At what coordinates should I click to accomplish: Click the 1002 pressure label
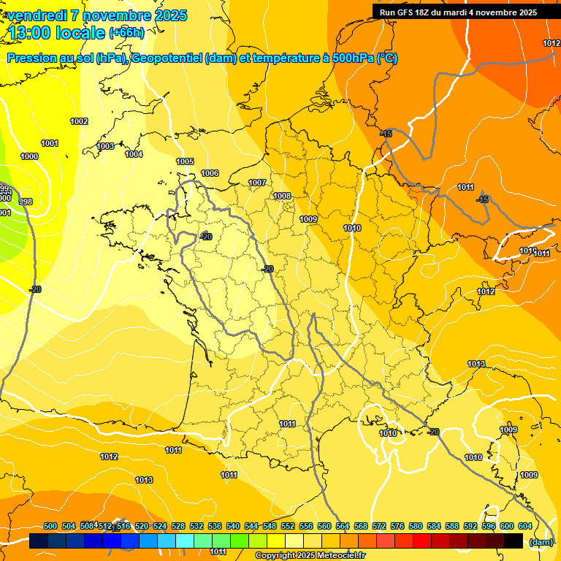[x=79, y=121]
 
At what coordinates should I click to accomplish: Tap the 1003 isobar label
[x=105, y=146]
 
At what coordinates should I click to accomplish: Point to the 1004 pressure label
[x=134, y=154]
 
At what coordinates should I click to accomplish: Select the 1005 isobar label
[x=185, y=161]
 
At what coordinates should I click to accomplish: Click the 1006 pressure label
[x=210, y=173]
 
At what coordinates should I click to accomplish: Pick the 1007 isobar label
[x=257, y=183]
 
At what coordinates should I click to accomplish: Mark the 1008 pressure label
[x=282, y=196]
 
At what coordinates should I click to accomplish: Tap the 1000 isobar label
[x=29, y=156]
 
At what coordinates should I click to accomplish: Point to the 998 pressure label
[x=25, y=202]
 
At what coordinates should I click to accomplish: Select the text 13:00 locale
[x=58, y=32]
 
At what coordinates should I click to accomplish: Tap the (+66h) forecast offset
[x=127, y=32]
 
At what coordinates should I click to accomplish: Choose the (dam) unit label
[x=541, y=542]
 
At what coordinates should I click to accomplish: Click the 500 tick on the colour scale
[x=50, y=526]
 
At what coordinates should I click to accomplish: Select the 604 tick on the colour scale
[x=525, y=526]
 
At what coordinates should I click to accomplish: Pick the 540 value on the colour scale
[x=233, y=526]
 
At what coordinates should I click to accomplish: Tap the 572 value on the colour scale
[x=379, y=526]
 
